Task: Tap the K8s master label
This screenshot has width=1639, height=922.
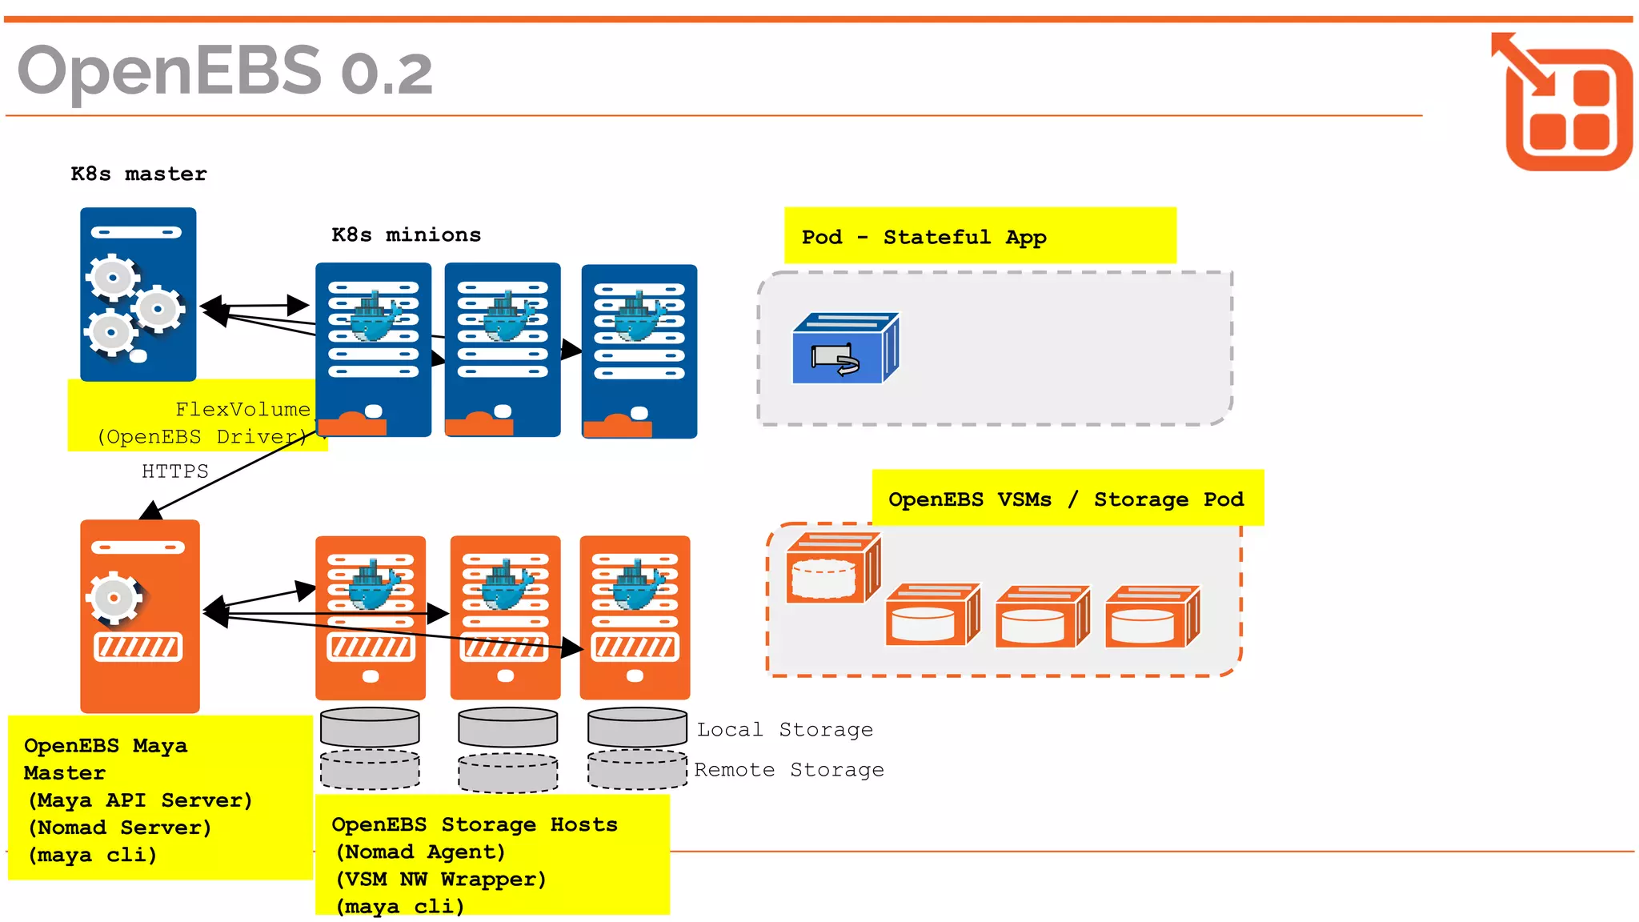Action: tap(138, 174)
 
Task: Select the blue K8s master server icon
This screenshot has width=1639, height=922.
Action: tap(138, 294)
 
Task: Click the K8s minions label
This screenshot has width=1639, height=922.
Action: tap(406, 235)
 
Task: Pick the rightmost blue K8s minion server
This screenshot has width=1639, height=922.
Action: tap(639, 351)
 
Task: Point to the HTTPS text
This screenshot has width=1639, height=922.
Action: tap(174, 471)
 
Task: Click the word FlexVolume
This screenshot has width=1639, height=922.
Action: tap(242, 409)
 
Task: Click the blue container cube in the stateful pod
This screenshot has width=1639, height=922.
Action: tap(845, 349)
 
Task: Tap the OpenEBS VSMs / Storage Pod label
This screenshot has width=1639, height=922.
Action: tap(1066, 499)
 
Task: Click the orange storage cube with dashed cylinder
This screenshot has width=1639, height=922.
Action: tap(832, 568)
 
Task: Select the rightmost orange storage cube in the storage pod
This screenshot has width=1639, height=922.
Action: tap(1152, 617)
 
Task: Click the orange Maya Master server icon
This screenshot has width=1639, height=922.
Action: tap(139, 615)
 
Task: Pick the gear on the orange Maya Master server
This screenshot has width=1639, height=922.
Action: tap(114, 598)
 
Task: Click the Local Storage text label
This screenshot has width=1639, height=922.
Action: tap(784, 729)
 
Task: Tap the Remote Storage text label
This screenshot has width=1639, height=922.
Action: tap(788, 769)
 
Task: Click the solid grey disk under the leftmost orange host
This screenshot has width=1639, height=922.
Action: tap(370, 727)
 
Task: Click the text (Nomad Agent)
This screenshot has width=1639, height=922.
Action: tap(420, 852)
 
